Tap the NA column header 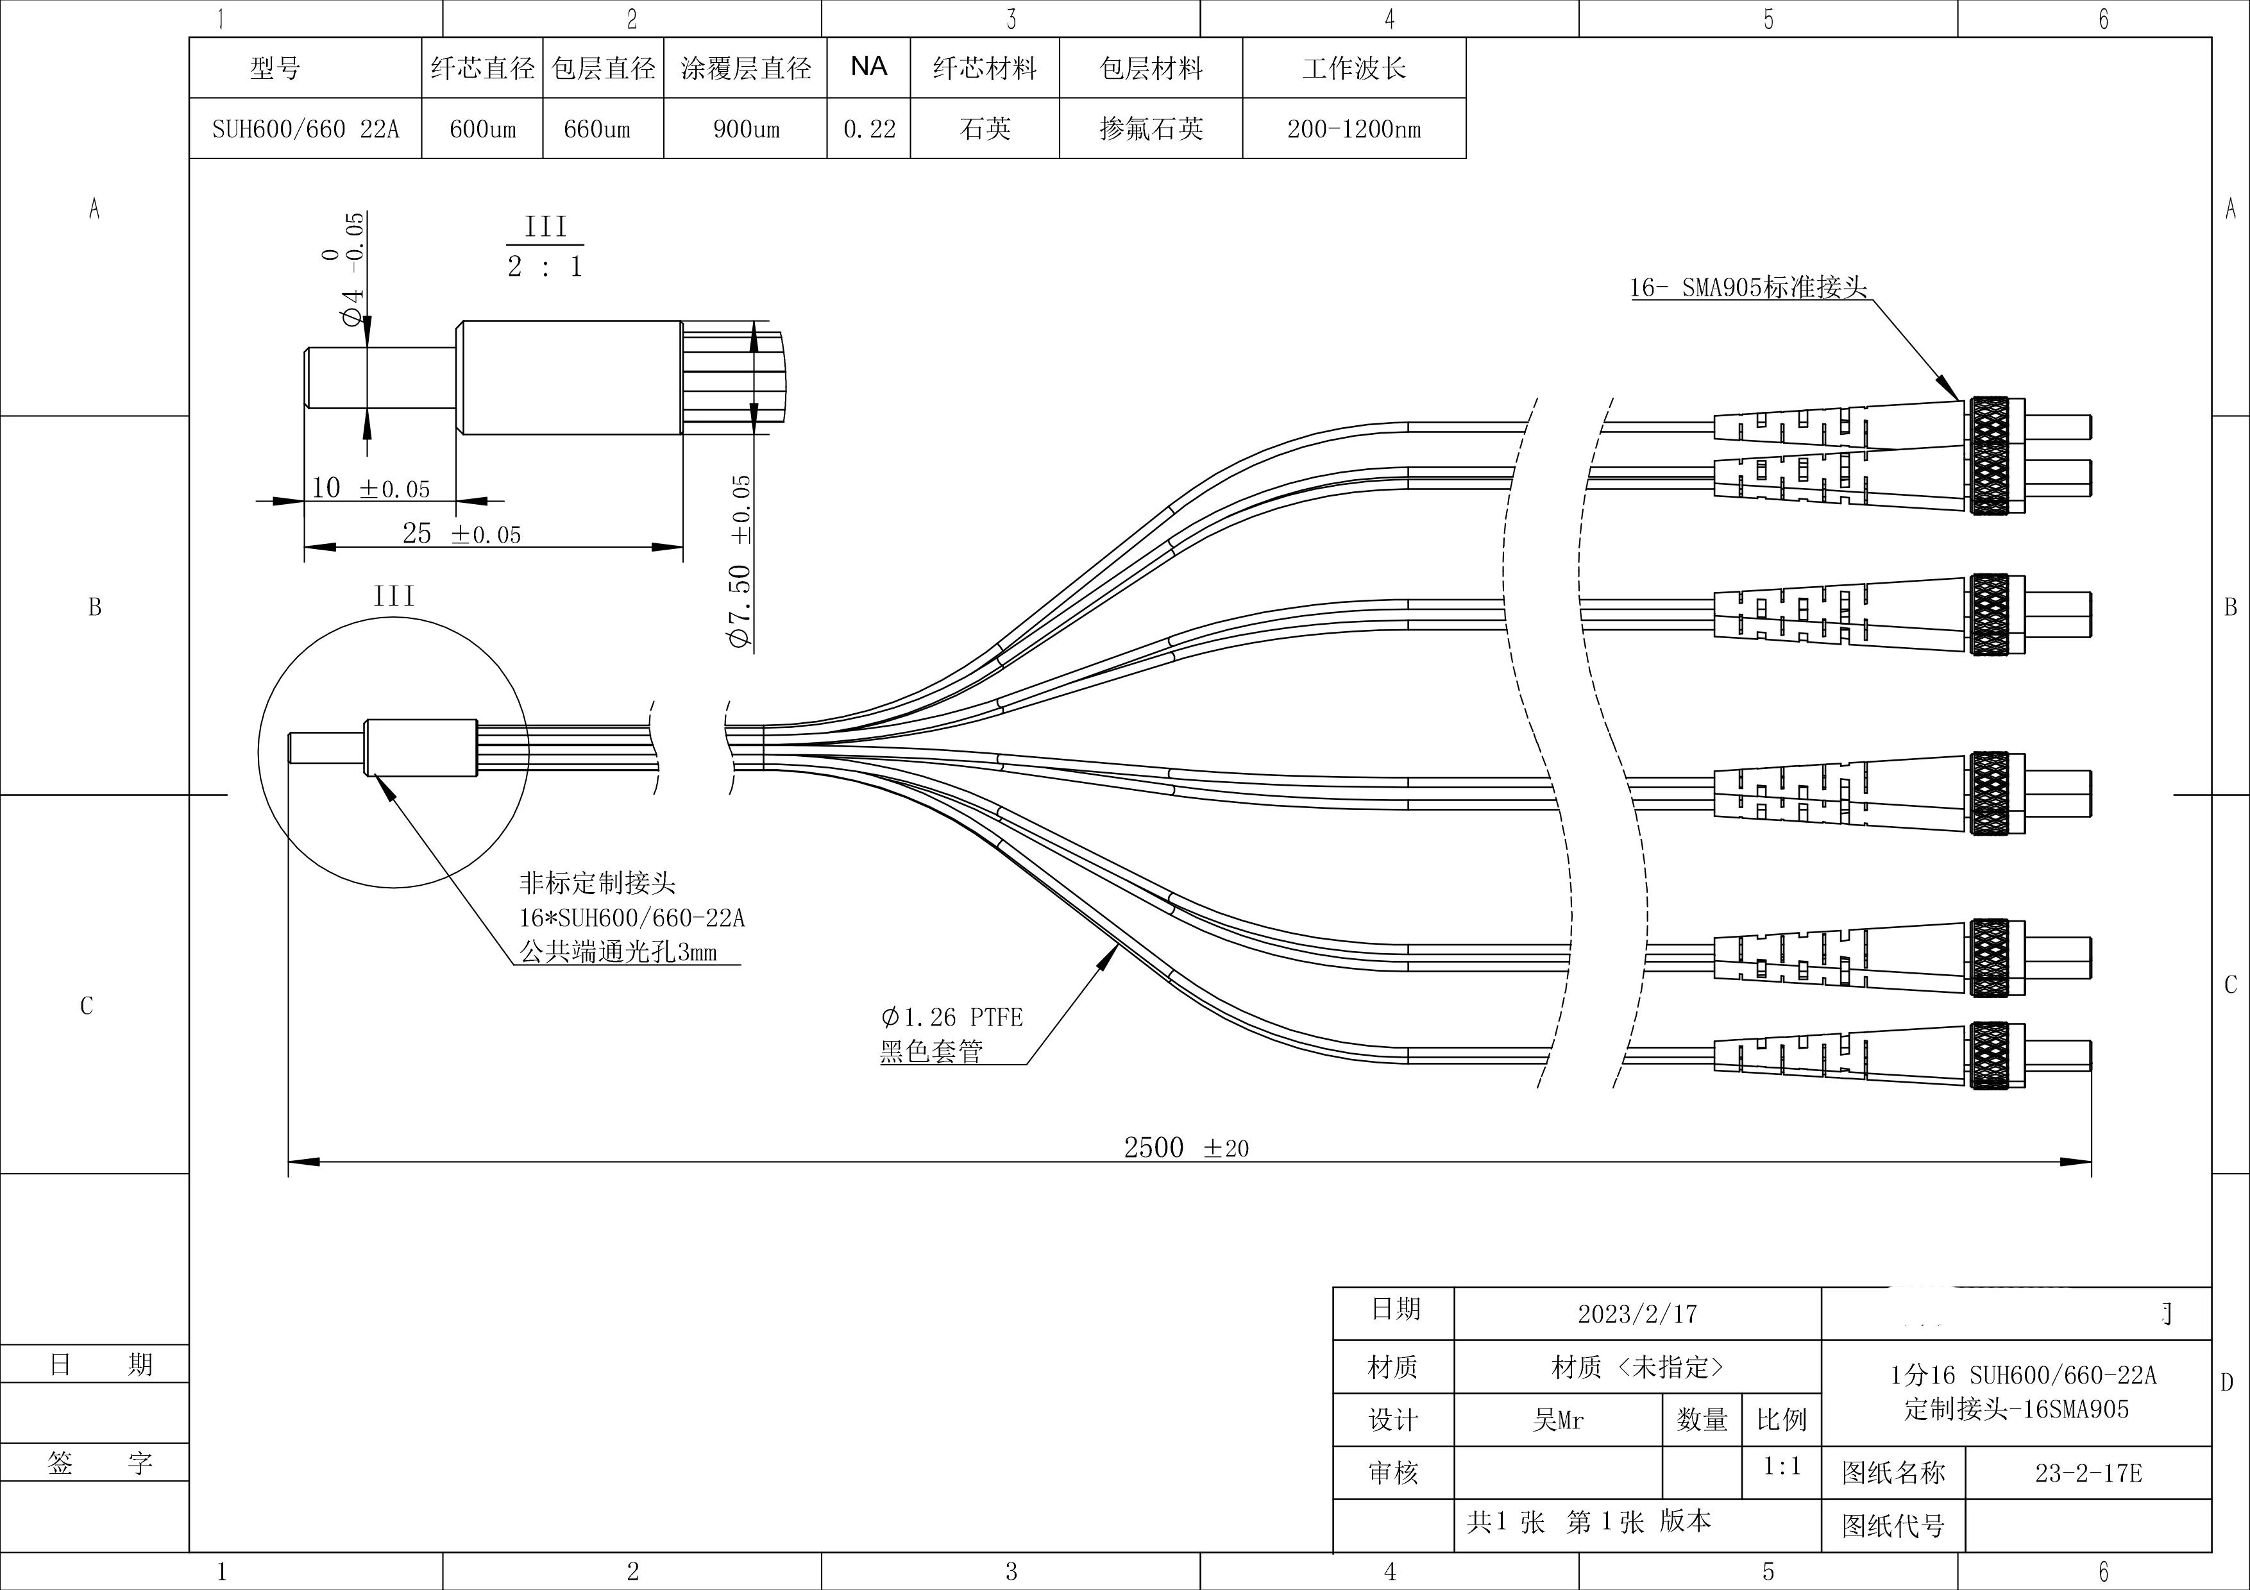tap(868, 67)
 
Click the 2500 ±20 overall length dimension tap(1186, 1147)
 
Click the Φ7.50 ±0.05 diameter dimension tap(741, 562)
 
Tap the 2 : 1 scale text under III tap(545, 266)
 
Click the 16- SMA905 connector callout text tap(1748, 288)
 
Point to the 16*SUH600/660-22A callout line tap(632, 918)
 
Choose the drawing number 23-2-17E tap(2088, 1473)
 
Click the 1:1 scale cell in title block tap(1782, 1467)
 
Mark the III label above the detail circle tap(394, 596)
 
